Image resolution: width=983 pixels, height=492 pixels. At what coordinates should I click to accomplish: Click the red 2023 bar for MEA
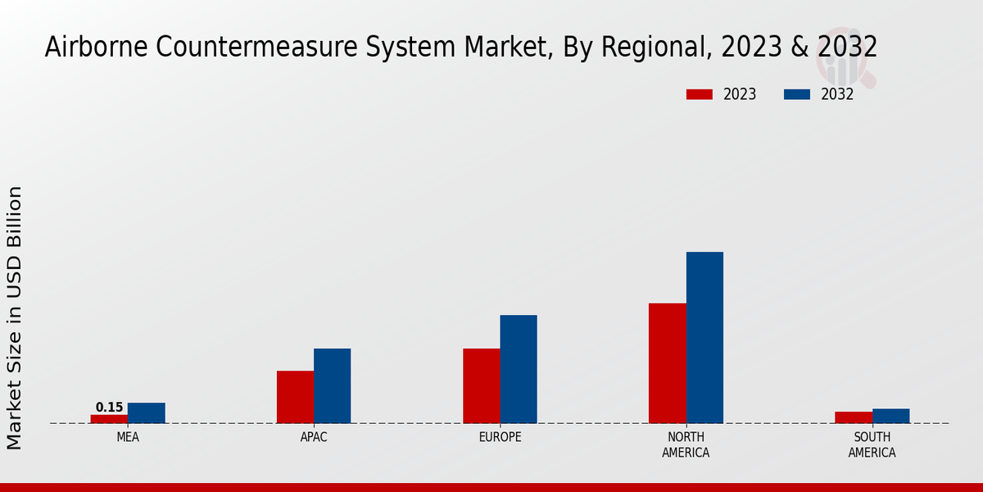109,419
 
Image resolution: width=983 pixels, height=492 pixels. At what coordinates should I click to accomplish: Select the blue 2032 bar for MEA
146,413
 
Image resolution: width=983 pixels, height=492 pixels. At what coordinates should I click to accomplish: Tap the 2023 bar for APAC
295,397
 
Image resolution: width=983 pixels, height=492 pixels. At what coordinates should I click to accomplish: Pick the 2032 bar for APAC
332,386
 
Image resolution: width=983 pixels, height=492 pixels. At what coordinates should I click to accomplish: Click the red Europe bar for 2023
481,386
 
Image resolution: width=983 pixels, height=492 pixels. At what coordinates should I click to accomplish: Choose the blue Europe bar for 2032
519,369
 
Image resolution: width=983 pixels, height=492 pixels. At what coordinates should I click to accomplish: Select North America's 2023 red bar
667,363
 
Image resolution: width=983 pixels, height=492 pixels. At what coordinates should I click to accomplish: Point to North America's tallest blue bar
704,338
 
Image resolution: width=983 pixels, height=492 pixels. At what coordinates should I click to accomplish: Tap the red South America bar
853,417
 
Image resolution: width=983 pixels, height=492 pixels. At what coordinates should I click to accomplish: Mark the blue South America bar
890,416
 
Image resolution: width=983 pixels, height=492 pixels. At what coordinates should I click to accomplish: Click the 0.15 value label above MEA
109,408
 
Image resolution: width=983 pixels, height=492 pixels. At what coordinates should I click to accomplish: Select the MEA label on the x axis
128,438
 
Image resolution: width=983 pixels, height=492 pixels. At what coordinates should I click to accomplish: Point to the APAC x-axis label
314,438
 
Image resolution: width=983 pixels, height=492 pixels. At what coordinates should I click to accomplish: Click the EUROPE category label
500,438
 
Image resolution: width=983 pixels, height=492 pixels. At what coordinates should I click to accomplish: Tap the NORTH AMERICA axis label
686,445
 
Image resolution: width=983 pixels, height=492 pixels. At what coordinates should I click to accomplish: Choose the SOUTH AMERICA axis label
872,445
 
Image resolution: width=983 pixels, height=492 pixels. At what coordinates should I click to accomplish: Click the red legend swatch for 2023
700,94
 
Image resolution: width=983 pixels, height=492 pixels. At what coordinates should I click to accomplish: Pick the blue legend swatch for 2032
797,94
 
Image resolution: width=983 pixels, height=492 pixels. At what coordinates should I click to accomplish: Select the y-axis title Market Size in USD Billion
15,317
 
